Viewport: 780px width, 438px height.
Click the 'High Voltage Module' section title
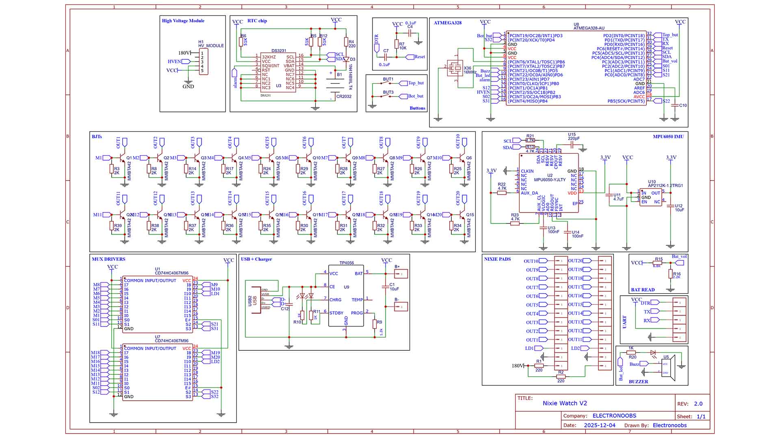point(183,21)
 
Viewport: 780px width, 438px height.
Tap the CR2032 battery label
point(344,97)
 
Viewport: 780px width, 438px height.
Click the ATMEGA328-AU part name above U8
point(589,28)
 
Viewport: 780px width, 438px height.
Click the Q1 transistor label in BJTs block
point(129,158)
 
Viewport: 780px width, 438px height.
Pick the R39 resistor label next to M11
point(118,226)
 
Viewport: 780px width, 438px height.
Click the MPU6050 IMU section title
point(668,137)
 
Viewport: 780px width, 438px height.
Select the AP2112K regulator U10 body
point(650,197)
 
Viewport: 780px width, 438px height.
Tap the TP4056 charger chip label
point(347,263)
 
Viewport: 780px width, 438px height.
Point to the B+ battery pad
point(401,274)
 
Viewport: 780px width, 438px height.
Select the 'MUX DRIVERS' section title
point(108,259)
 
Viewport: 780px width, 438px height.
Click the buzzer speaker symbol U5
point(668,367)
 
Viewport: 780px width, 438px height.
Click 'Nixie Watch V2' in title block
point(565,403)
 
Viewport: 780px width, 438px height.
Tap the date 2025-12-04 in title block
point(599,425)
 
